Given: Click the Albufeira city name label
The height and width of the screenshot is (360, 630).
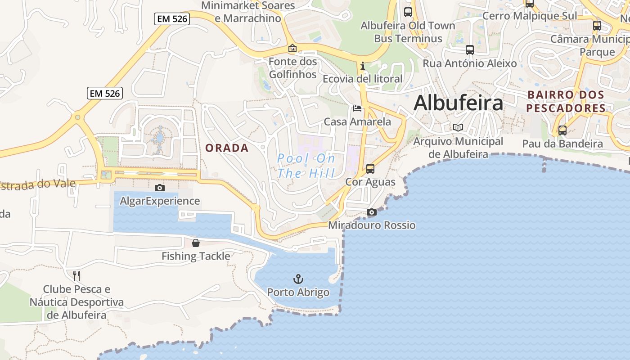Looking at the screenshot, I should tap(458, 103).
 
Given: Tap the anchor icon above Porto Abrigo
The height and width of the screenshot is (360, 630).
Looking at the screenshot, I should tap(298, 279).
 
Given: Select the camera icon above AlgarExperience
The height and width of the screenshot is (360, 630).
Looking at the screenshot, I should tap(159, 188).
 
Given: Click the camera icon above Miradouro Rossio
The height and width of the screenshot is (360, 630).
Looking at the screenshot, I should tap(371, 212).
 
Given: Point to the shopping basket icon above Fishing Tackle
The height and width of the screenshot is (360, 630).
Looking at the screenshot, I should tap(196, 243).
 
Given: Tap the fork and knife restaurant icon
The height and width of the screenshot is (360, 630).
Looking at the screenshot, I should tap(76, 275).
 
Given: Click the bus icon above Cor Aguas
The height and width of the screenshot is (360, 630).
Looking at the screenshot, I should tap(370, 169).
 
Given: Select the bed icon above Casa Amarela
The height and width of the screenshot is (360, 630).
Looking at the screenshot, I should tap(357, 108).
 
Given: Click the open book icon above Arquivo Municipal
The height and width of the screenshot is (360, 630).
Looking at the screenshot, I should tap(458, 128).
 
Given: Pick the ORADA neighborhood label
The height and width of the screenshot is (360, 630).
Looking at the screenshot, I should tap(227, 148).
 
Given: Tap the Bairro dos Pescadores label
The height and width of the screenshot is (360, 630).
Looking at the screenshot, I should tap(566, 102).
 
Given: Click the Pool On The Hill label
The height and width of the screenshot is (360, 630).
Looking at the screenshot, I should tap(306, 166).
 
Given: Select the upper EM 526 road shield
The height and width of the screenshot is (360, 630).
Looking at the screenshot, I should tap(171, 19).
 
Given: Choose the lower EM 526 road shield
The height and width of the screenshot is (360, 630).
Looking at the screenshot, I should tap(104, 93).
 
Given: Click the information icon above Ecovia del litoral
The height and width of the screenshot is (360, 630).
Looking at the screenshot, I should tap(363, 66).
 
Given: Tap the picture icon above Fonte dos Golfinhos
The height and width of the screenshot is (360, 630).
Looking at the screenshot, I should tap(292, 48).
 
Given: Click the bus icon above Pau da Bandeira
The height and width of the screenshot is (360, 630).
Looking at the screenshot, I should tap(562, 130).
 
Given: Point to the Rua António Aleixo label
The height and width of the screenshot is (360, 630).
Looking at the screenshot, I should tap(469, 63).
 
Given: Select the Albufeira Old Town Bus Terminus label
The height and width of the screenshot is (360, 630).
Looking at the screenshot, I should tap(408, 32).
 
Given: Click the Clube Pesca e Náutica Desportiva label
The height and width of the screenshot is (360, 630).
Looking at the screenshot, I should tap(76, 301).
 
